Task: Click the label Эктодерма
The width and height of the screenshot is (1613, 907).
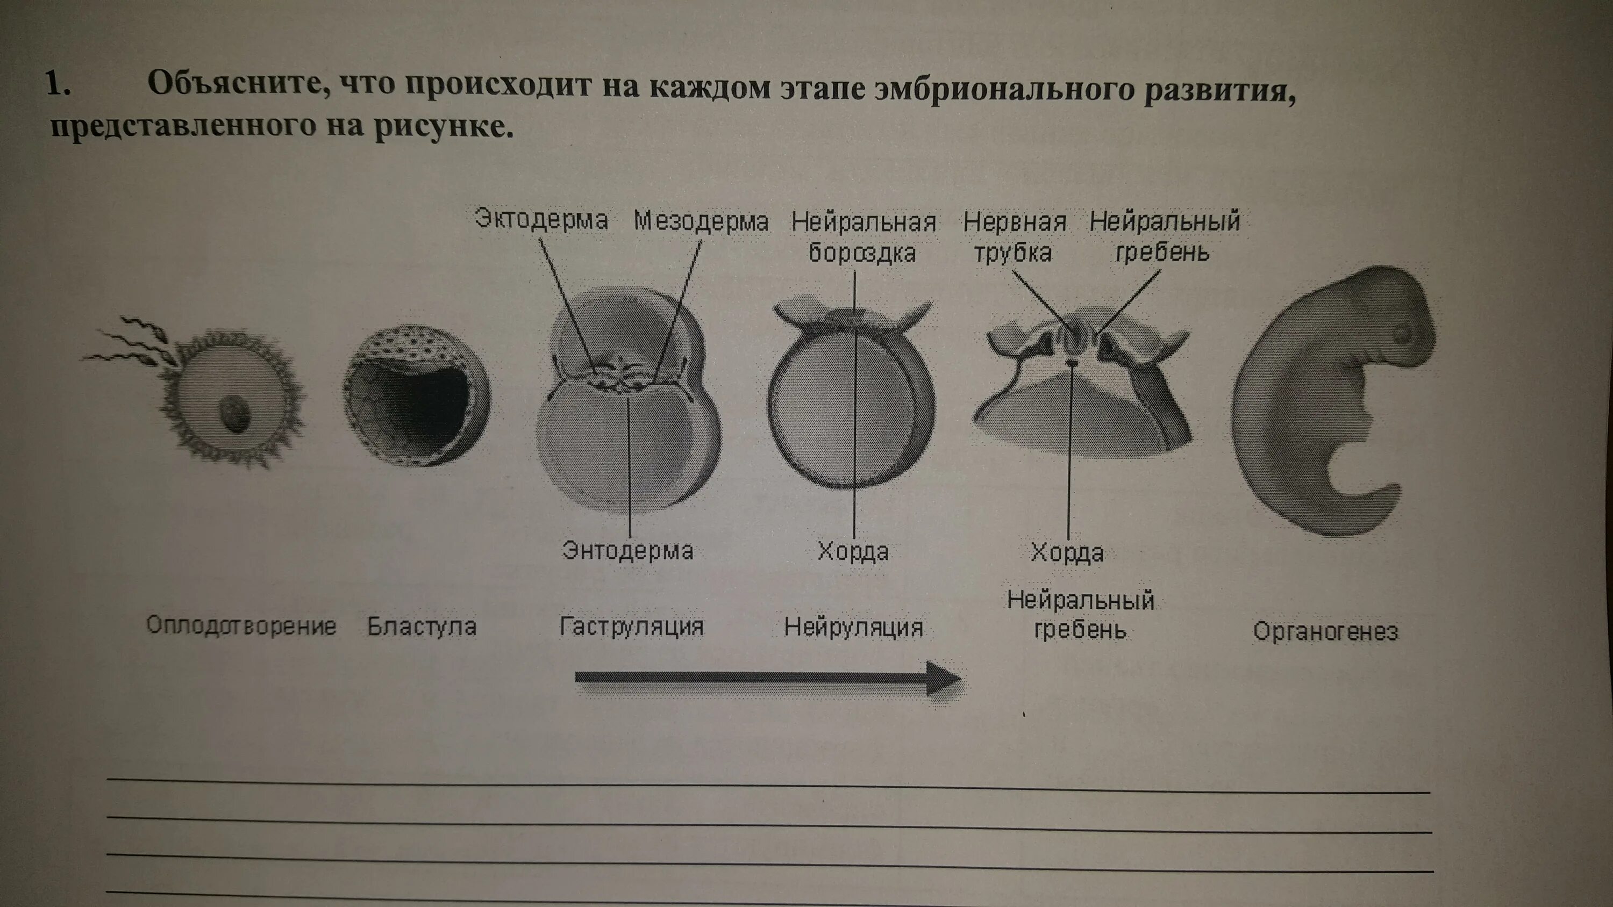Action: click(541, 220)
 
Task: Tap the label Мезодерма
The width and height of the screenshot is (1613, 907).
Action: click(701, 221)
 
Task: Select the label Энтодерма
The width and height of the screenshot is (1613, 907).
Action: click(627, 551)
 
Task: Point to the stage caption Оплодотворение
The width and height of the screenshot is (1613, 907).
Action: click(241, 626)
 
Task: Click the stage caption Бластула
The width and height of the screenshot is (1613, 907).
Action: click(422, 627)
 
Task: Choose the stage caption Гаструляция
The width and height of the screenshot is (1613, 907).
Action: click(631, 627)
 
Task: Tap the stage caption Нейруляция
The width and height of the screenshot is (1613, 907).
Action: click(853, 627)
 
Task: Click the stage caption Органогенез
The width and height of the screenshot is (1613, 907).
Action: click(1325, 631)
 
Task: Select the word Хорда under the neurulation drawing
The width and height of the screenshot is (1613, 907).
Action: click(853, 552)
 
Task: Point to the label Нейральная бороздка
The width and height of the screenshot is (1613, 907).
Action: click(863, 237)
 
